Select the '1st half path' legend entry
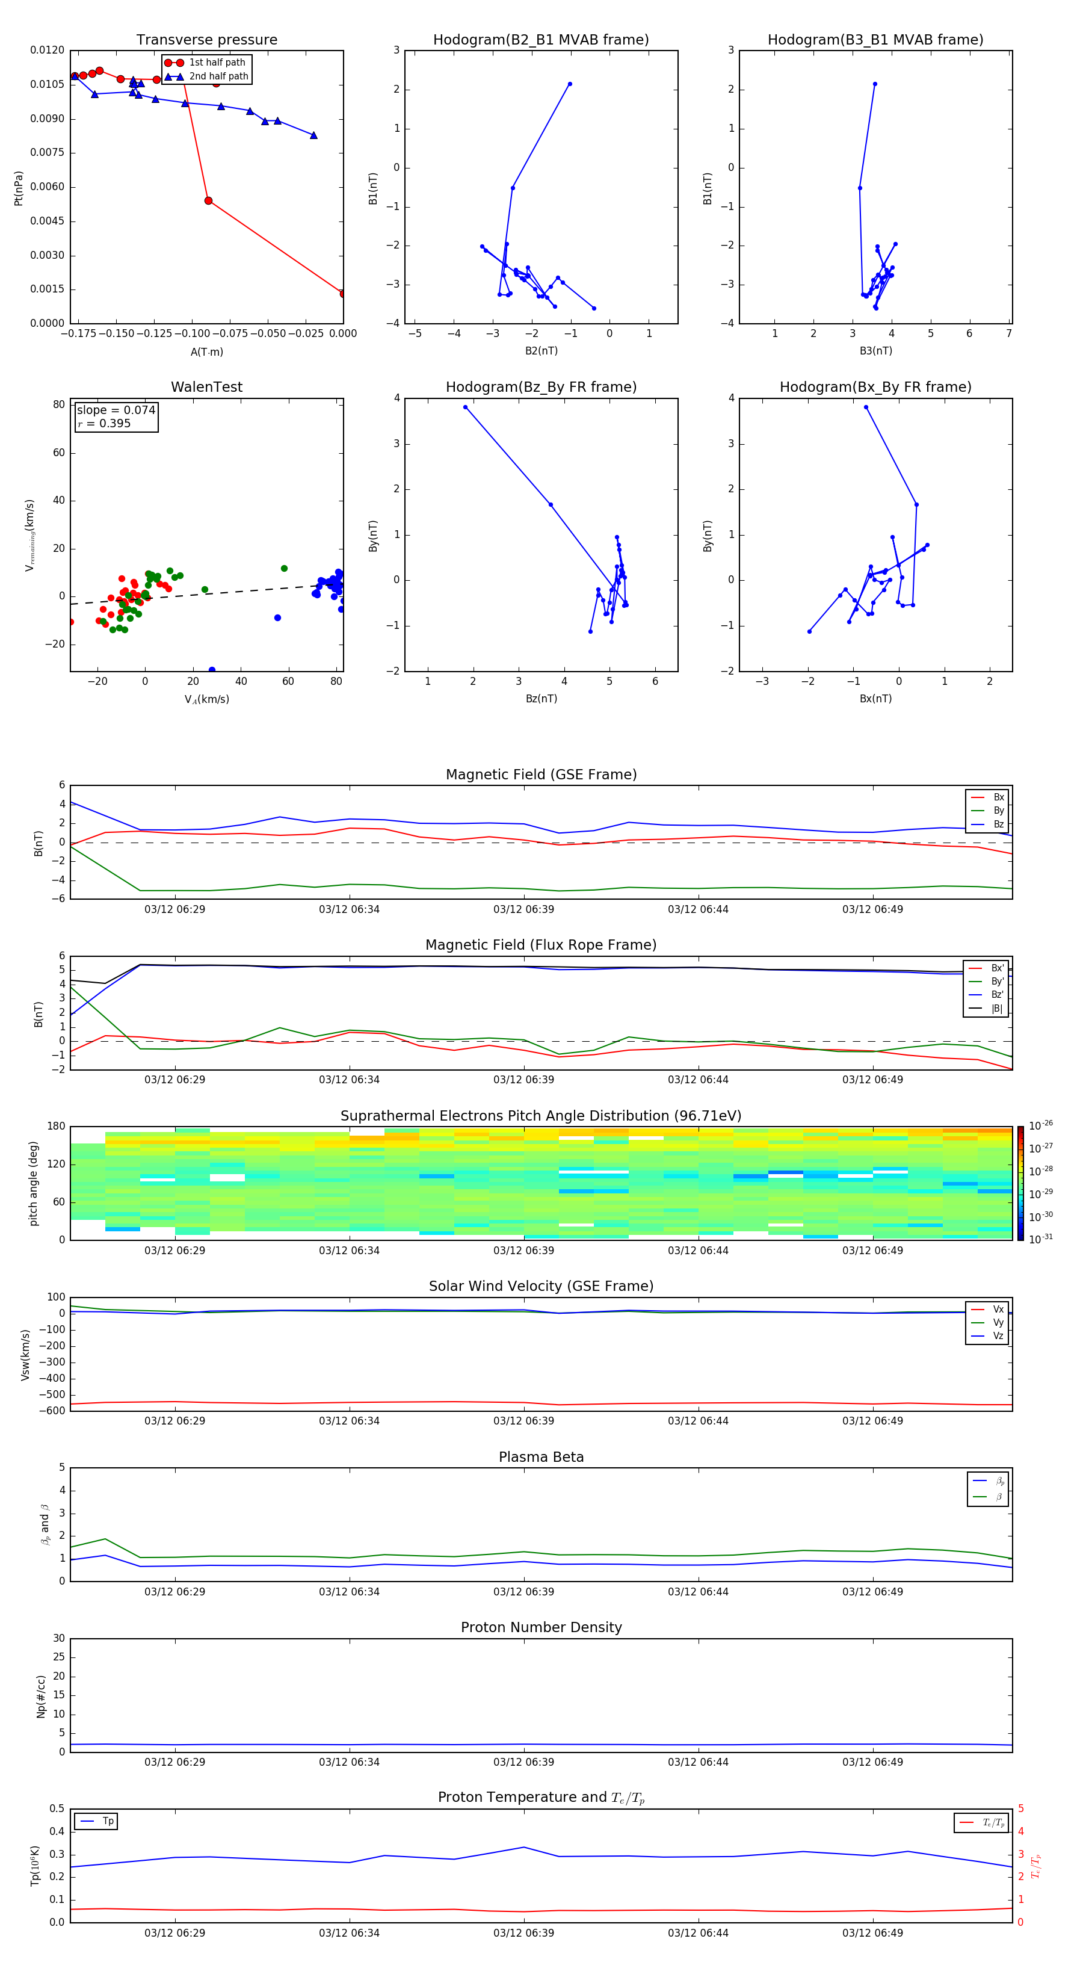coord(217,63)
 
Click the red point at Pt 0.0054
coord(208,200)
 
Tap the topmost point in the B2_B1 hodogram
coord(570,84)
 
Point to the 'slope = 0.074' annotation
coord(116,410)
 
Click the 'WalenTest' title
coord(206,387)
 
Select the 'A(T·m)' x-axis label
coord(206,351)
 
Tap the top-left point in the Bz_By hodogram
coord(465,407)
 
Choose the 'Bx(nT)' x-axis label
coord(875,699)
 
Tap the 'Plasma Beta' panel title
coord(541,1457)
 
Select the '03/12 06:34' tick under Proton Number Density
coord(349,1762)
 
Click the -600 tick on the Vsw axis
coord(55,1411)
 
